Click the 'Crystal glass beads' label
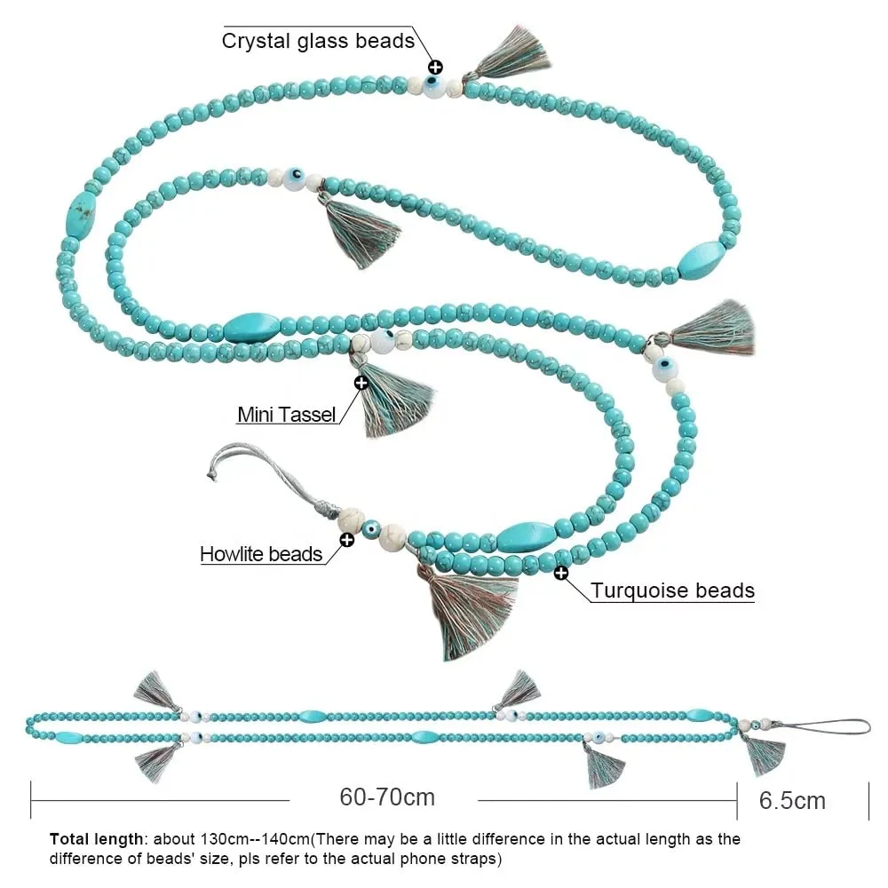point(318,41)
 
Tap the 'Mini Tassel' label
point(287,414)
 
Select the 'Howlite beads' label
point(260,554)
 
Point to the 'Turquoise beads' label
point(672,590)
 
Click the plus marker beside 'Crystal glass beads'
point(435,67)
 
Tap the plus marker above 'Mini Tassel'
point(361,383)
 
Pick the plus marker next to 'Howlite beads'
point(347,538)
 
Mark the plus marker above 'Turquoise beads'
point(561,573)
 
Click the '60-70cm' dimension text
point(387,797)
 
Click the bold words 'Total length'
point(95,838)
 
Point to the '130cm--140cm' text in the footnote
point(266,838)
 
